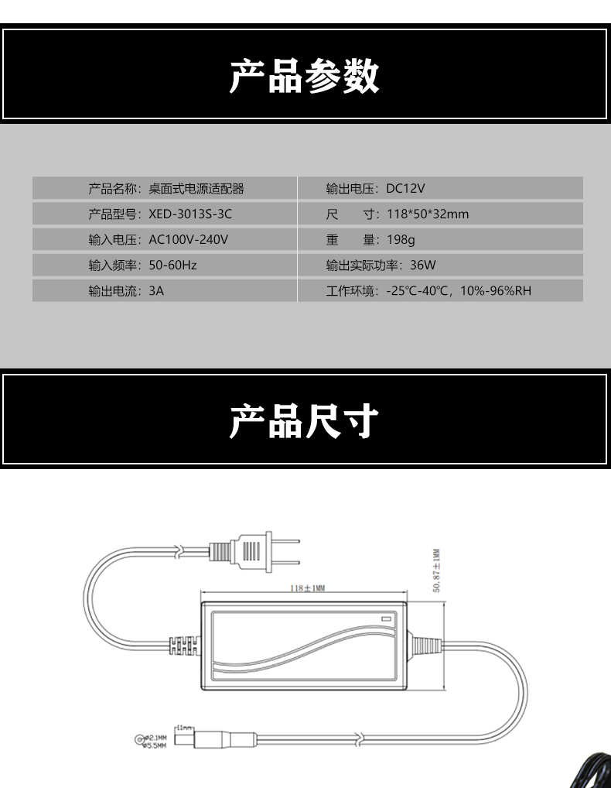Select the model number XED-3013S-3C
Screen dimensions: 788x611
(190, 214)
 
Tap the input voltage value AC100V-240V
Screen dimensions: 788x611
(188, 240)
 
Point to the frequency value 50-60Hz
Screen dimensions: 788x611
(172, 266)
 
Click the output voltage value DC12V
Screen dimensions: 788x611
(406, 189)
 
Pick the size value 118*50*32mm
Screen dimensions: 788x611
(427, 214)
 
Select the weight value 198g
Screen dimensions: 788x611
(401, 240)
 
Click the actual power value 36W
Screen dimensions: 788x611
(423, 266)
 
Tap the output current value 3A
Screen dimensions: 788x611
(156, 291)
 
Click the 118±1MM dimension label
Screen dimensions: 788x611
(307, 588)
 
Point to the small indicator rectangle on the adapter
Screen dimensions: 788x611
(386, 618)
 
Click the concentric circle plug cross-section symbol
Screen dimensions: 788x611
(142, 741)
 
